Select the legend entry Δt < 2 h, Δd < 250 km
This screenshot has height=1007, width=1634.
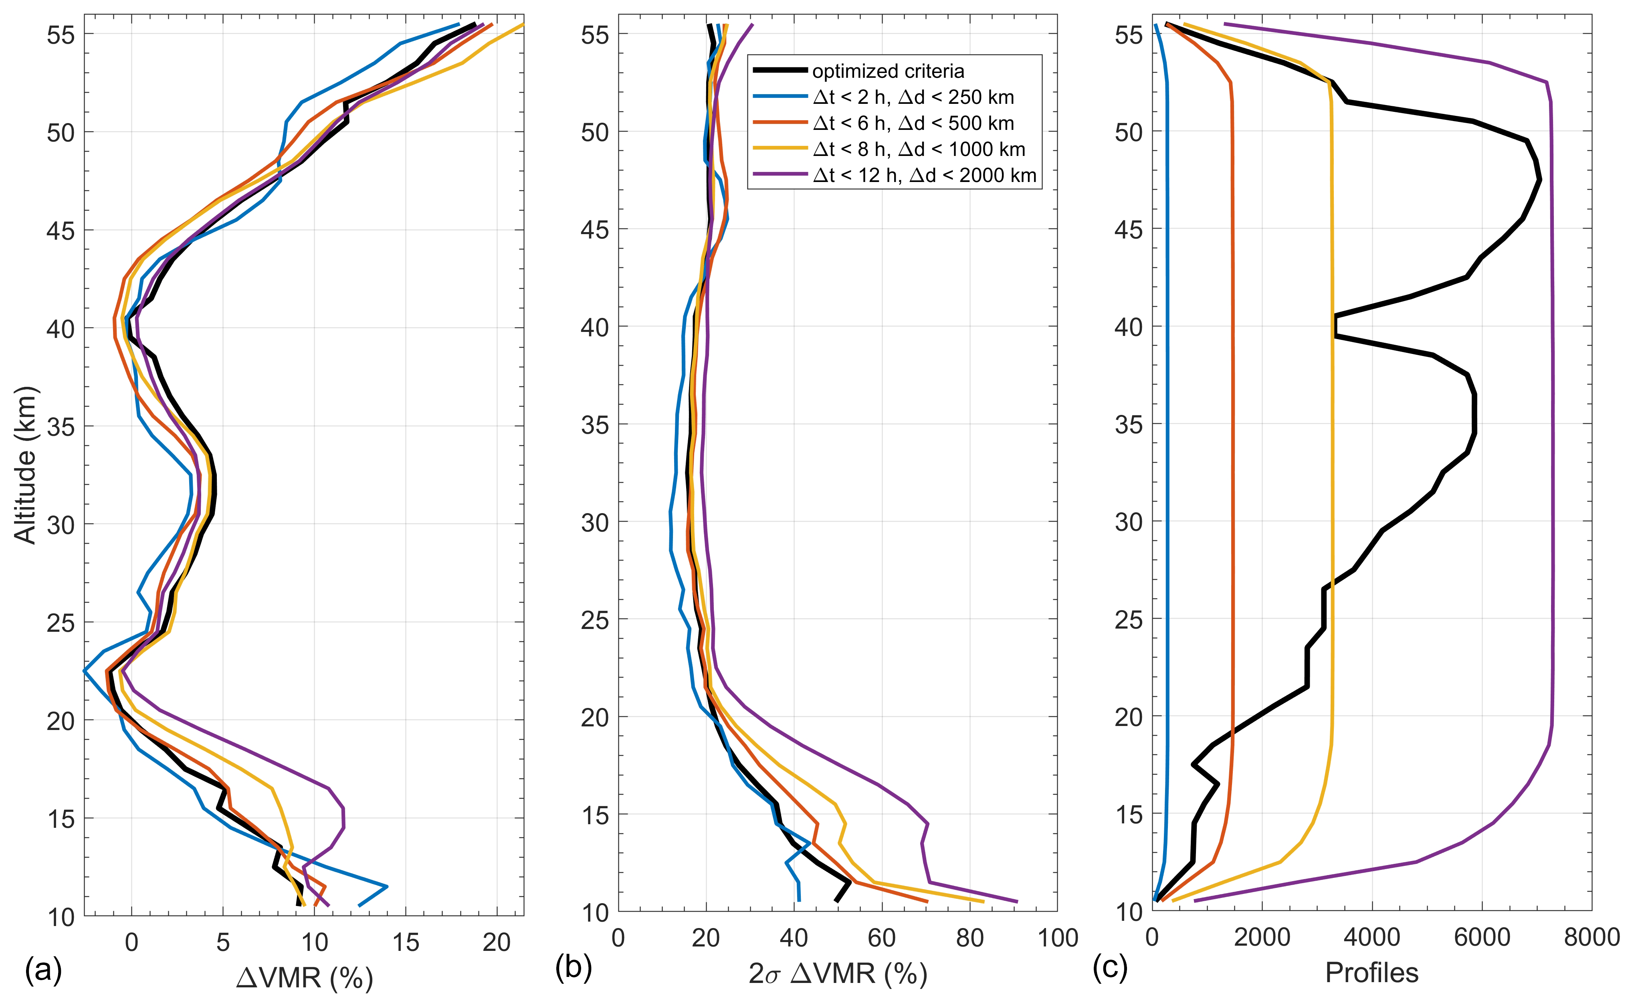913,97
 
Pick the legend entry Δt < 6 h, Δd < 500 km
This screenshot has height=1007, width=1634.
913,123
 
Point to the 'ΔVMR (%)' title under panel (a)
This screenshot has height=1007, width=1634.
304,977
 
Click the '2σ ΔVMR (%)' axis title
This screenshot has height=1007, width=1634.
838,974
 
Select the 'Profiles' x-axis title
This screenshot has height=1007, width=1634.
1371,973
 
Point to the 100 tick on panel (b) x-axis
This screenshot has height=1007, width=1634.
1057,938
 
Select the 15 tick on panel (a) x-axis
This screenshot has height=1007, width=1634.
406,942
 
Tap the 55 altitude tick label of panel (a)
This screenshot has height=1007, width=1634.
61,34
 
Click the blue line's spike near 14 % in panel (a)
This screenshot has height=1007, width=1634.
387,886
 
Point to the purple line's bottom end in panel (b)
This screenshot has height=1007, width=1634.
1017,902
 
